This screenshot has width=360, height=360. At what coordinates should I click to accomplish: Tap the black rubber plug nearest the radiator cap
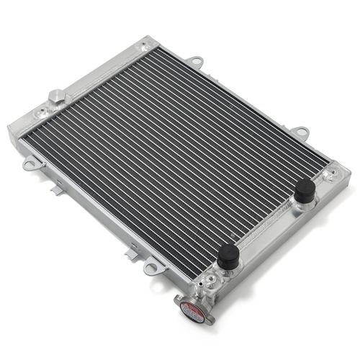pos(229,256)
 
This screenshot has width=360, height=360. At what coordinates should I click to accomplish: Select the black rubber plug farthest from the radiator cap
pos(305,191)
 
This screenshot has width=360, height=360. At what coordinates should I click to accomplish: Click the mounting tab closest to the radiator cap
pos(151,269)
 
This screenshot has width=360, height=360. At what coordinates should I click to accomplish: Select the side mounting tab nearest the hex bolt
pos(30,164)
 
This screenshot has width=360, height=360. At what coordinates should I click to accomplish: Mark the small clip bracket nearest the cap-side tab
pos(130,251)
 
